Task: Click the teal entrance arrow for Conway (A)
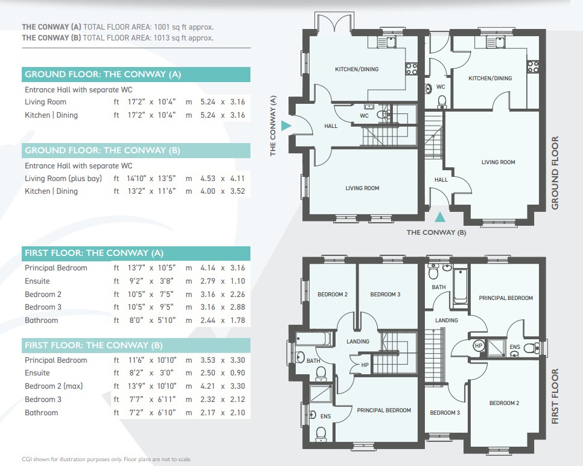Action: point(285,126)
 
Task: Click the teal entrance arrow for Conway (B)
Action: point(440,217)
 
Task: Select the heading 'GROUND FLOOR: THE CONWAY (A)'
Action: point(103,74)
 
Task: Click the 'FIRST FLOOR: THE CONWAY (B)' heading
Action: point(94,345)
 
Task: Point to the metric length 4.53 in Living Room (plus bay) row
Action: point(208,179)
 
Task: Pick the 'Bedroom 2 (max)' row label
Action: point(54,386)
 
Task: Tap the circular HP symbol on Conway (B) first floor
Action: point(478,345)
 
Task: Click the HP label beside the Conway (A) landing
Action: point(365,365)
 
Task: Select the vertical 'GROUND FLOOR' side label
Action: point(555,173)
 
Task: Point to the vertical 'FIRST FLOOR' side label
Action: point(555,396)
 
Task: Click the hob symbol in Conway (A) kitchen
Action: point(411,69)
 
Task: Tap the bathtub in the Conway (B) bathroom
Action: point(460,285)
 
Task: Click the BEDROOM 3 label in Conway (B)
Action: point(445,412)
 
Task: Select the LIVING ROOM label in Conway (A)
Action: point(362,188)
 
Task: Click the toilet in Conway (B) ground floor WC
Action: point(442,102)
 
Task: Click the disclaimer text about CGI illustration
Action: point(107,459)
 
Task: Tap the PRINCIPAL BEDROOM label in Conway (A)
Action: point(384,410)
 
